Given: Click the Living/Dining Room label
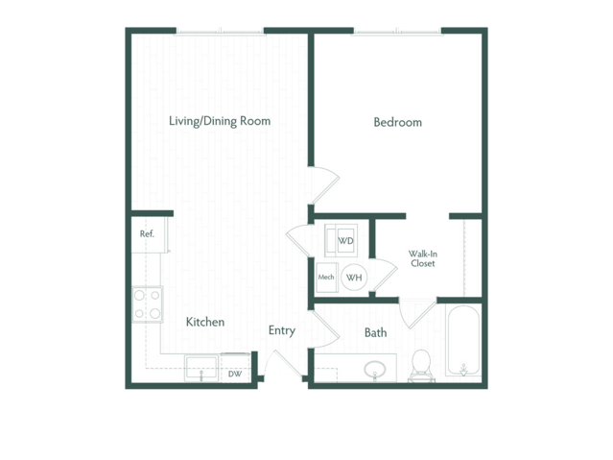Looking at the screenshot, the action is pos(220,121).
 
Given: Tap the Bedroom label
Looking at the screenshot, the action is pos(397,122).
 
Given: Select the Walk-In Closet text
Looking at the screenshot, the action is pos(423,258).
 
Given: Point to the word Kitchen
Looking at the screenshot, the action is pos(205,322).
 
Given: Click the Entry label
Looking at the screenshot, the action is pos(281,330).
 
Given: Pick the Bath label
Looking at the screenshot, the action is pos(376,333).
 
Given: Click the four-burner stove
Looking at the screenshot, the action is pos(148,304).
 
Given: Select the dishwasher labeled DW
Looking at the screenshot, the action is pos(235,367).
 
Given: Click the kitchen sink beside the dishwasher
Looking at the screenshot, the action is pos(201,368).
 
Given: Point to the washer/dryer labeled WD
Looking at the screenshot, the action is pos(341,240).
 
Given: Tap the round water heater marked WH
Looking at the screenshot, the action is pos(354,278).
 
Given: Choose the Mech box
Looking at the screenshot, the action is pos(327,278).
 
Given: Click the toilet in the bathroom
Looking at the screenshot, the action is pos(421,365).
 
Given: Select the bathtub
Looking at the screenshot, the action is pos(463,341).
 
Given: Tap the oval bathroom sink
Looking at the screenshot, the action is pos(375,370).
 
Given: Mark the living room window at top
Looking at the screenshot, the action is pos(220,32).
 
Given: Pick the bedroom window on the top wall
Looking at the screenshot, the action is pos(397,32).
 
